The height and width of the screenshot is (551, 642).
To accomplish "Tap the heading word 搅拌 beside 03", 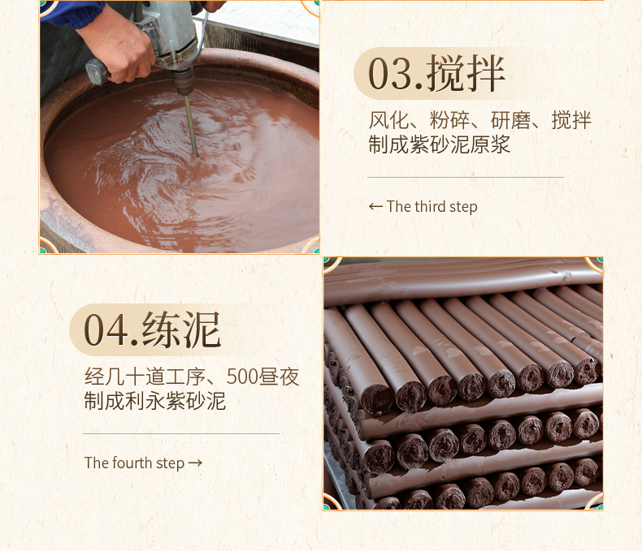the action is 466,74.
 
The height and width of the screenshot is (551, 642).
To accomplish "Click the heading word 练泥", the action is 181,329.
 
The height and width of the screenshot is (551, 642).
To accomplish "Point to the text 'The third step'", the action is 432,207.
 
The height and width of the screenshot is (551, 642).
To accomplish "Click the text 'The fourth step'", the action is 134,463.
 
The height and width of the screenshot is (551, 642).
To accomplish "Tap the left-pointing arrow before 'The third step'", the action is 375,206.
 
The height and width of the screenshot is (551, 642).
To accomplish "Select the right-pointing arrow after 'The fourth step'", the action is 195,463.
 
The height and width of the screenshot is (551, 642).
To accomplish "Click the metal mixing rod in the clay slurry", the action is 191,125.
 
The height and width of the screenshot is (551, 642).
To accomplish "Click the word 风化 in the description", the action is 388,121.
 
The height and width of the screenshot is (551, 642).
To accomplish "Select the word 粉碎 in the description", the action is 449,121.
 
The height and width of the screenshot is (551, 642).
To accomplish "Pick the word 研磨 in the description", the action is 510,121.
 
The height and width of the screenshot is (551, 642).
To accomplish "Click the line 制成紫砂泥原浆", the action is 440,144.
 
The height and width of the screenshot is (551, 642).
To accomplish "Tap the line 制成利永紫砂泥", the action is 155,401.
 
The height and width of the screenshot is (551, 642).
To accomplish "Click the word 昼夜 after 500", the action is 280,377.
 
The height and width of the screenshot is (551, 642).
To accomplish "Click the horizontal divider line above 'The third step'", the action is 466,178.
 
